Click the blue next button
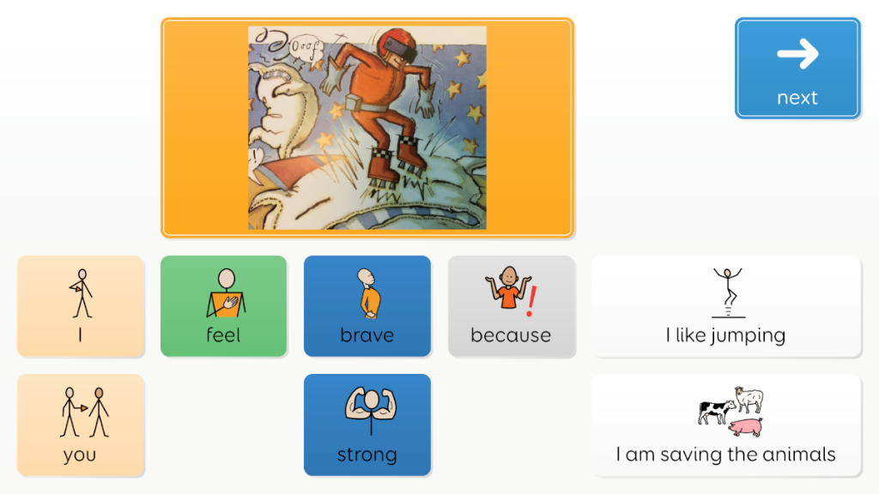tap(797, 69)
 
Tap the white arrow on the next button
tap(797, 54)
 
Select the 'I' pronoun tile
tap(81, 306)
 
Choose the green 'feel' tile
tap(224, 306)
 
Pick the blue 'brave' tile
tap(367, 306)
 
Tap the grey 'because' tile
tap(512, 306)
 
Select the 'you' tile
tap(81, 425)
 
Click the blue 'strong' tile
tap(367, 425)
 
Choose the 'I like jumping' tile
tap(726, 306)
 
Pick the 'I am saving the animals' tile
tap(726, 425)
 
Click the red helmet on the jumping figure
tap(397, 44)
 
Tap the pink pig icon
tap(746, 427)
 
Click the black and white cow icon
tap(716, 412)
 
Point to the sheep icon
tap(749, 398)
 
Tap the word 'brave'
tap(367, 335)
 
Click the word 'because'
tap(511, 335)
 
